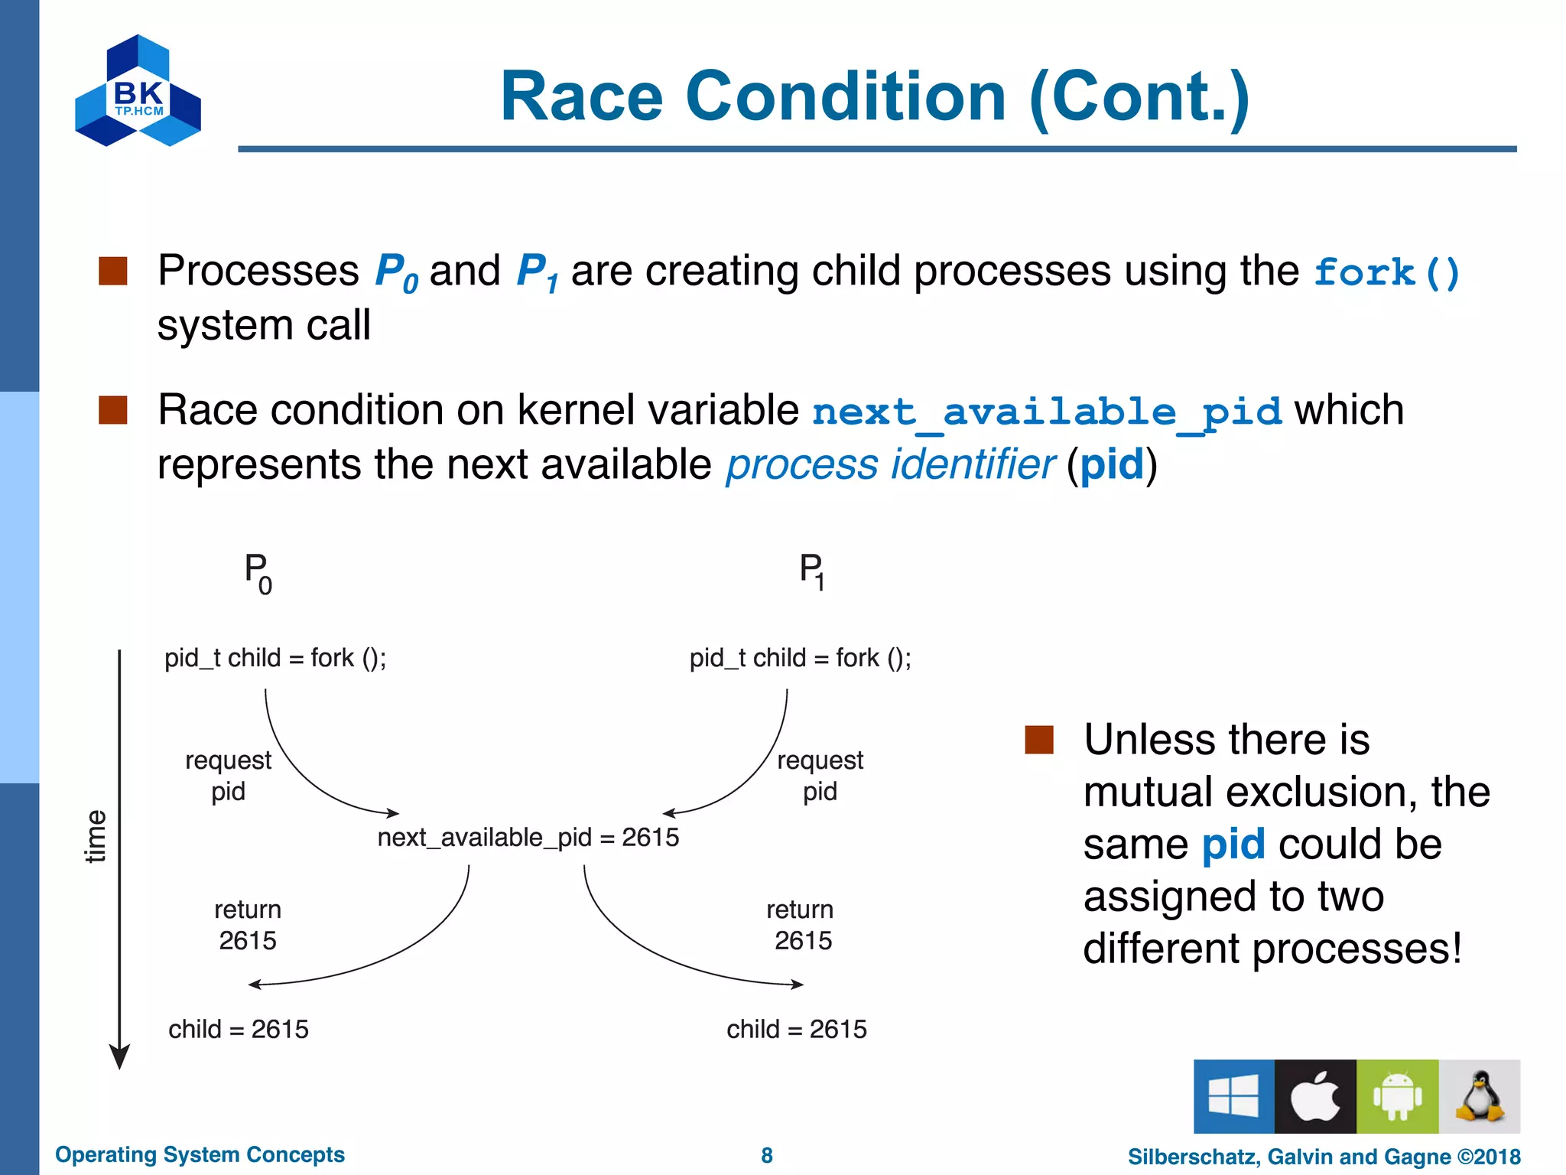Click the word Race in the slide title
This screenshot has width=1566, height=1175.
581,97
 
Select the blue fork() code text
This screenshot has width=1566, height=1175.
1386,273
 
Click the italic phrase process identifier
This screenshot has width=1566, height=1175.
890,465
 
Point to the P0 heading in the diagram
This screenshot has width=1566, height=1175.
258,573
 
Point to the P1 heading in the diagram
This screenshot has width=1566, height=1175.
812,571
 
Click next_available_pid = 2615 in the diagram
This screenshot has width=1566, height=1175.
528,838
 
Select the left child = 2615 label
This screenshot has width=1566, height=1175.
239,1030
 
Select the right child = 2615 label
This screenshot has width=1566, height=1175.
797,1030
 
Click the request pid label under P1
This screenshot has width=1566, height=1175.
820,776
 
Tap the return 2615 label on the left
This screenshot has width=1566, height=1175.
247,925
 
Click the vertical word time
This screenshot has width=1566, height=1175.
96,836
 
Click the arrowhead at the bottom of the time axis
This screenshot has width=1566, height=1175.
119,1057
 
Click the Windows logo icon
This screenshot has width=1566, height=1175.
1233,1096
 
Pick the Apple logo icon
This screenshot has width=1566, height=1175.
1315,1096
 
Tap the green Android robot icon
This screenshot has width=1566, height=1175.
1397,1096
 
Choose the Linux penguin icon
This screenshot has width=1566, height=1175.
1480,1096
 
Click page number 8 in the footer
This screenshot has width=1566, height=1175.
767,1156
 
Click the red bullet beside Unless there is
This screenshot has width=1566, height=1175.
1038,740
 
